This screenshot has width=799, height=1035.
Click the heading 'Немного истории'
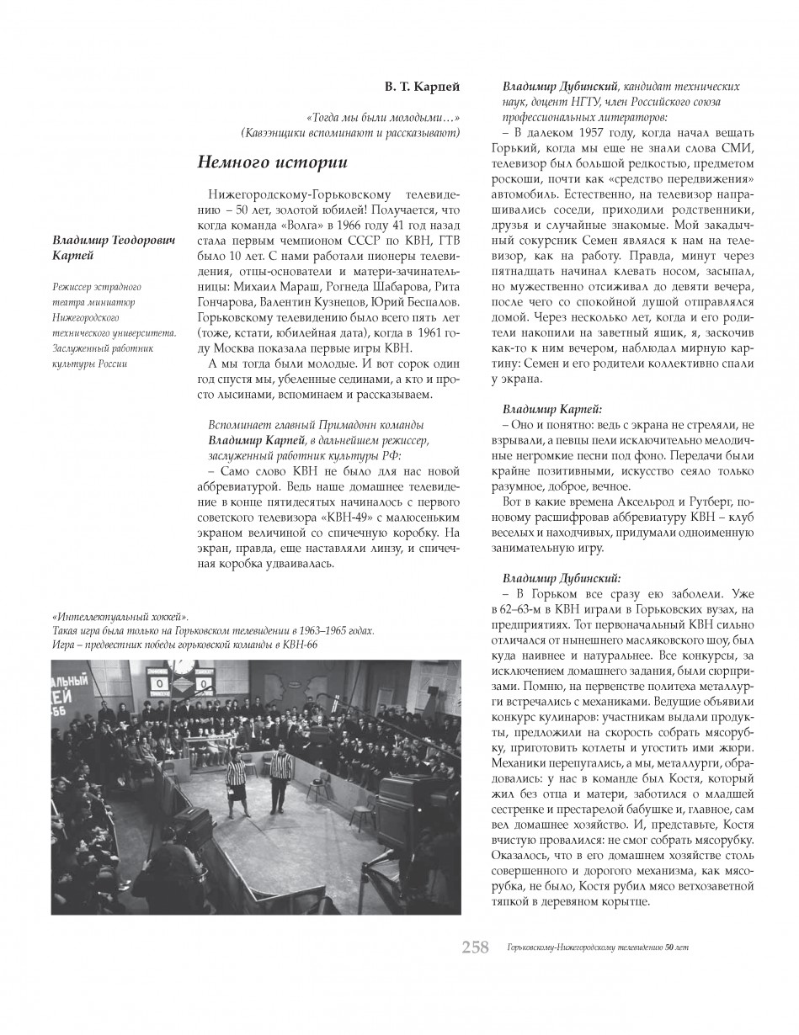coord(271,162)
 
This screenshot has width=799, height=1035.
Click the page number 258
coord(475,947)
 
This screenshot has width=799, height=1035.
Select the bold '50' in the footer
coord(668,947)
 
